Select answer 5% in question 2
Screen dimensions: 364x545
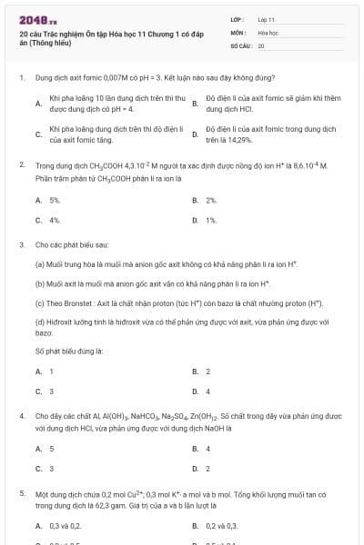point(55,200)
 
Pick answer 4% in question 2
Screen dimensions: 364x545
point(55,220)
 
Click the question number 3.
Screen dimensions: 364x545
point(21,245)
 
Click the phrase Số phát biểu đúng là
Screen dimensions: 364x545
point(69,350)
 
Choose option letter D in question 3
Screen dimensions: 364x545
point(195,391)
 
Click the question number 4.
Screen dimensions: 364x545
point(21,415)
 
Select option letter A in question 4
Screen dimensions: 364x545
point(37,449)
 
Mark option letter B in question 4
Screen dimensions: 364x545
point(195,449)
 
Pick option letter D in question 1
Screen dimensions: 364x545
point(195,135)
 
